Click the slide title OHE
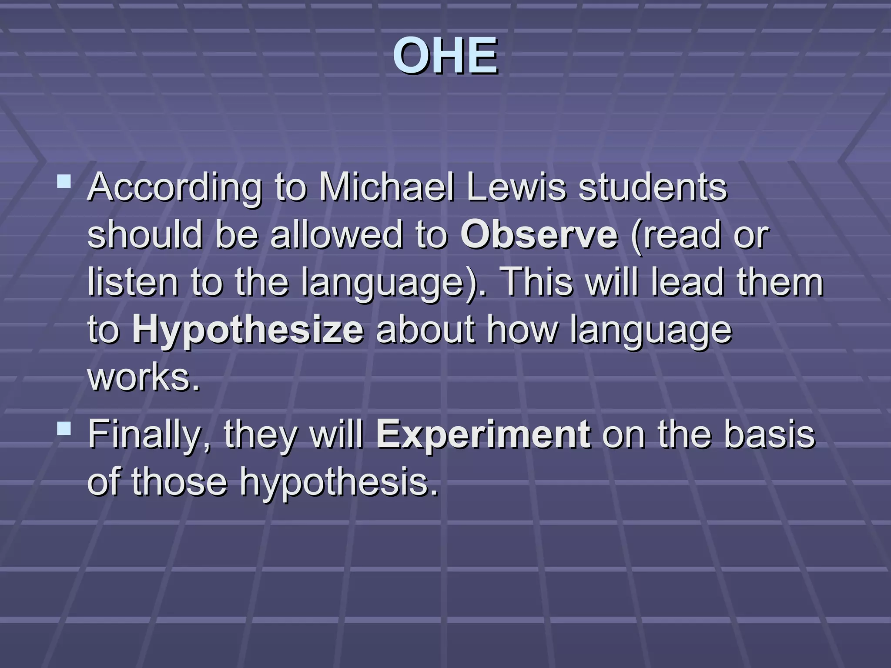pyautogui.click(x=445, y=56)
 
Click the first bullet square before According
pyautogui.click(x=64, y=181)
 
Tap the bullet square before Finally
pyautogui.click(x=64, y=429)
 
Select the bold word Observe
pyautogui.click(x=539, y=235)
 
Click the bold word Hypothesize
pyautogui.click(x=248, y=330)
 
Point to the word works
pyautogui.click(x=144, y=377)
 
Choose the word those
pyautogui.click(x=179, y=482)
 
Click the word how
pyautogui.click(x=522, y=330)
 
